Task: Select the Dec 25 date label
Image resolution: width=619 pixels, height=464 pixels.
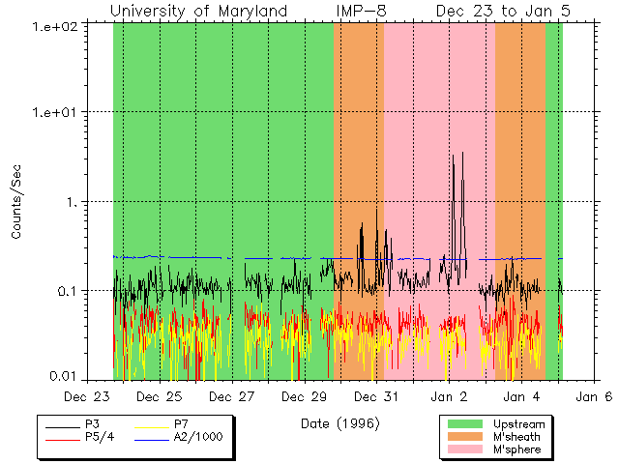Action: pyautogui.click(x=160, y=396)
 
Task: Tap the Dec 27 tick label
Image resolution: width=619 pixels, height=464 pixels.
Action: pyautogui.click(x=232, y=396)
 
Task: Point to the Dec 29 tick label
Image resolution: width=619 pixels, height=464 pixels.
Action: pyautogui.click(x=305, y=396)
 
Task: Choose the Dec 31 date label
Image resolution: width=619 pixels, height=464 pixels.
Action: pyautogui.click(x=377, y=396)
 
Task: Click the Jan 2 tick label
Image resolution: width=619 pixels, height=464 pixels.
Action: pyautogui.click(x=450, y=396)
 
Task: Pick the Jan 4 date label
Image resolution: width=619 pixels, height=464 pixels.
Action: pyautogui.click(x=522, y=396)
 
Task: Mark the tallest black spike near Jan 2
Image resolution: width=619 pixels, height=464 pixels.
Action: pyautogui.click(x=463, y=153)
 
